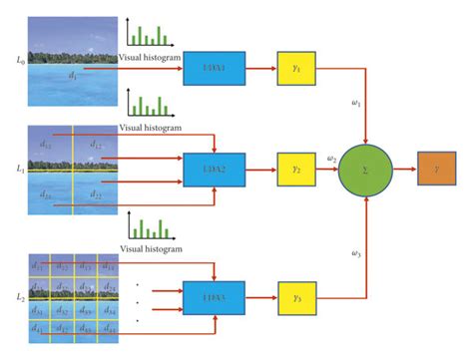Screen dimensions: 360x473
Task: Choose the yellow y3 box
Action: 296,297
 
